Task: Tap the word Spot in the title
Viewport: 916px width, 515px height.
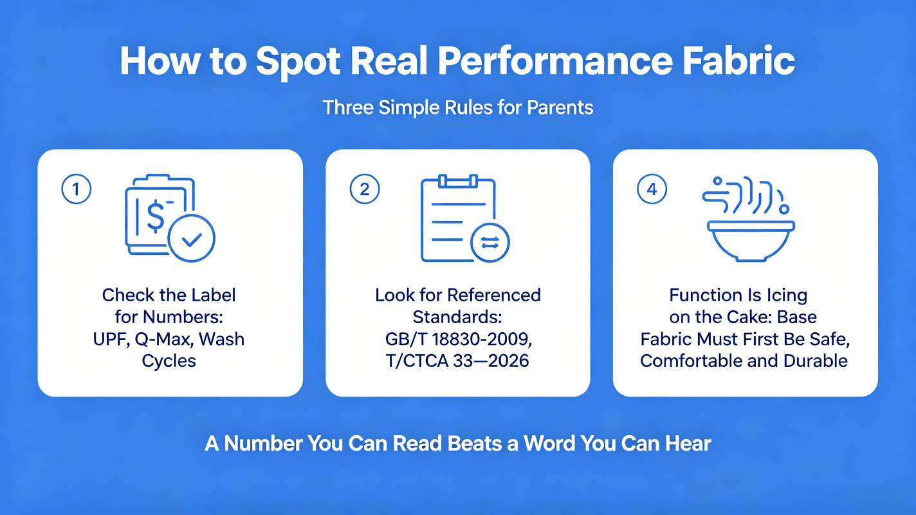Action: (x=298, y=64)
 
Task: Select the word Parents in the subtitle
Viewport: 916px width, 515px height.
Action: (x=560, y=108)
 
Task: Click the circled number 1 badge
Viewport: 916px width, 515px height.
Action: (x=76, y=189)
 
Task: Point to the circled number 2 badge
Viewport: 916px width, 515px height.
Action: (x=365, y=189)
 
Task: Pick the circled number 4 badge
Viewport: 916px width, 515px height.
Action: (x=652, y=189)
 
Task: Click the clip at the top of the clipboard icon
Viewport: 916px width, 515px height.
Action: (x=458, y=181)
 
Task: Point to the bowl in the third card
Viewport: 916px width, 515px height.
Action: (x=751, y=241)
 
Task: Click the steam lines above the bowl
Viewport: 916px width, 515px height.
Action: (x=744, y=195)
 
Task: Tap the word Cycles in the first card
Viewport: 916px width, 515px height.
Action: (x=169, y=361)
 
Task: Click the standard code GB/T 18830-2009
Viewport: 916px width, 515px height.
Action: (x=459, y=339)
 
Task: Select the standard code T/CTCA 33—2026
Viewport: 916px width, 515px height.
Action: (x=457, y=361)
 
